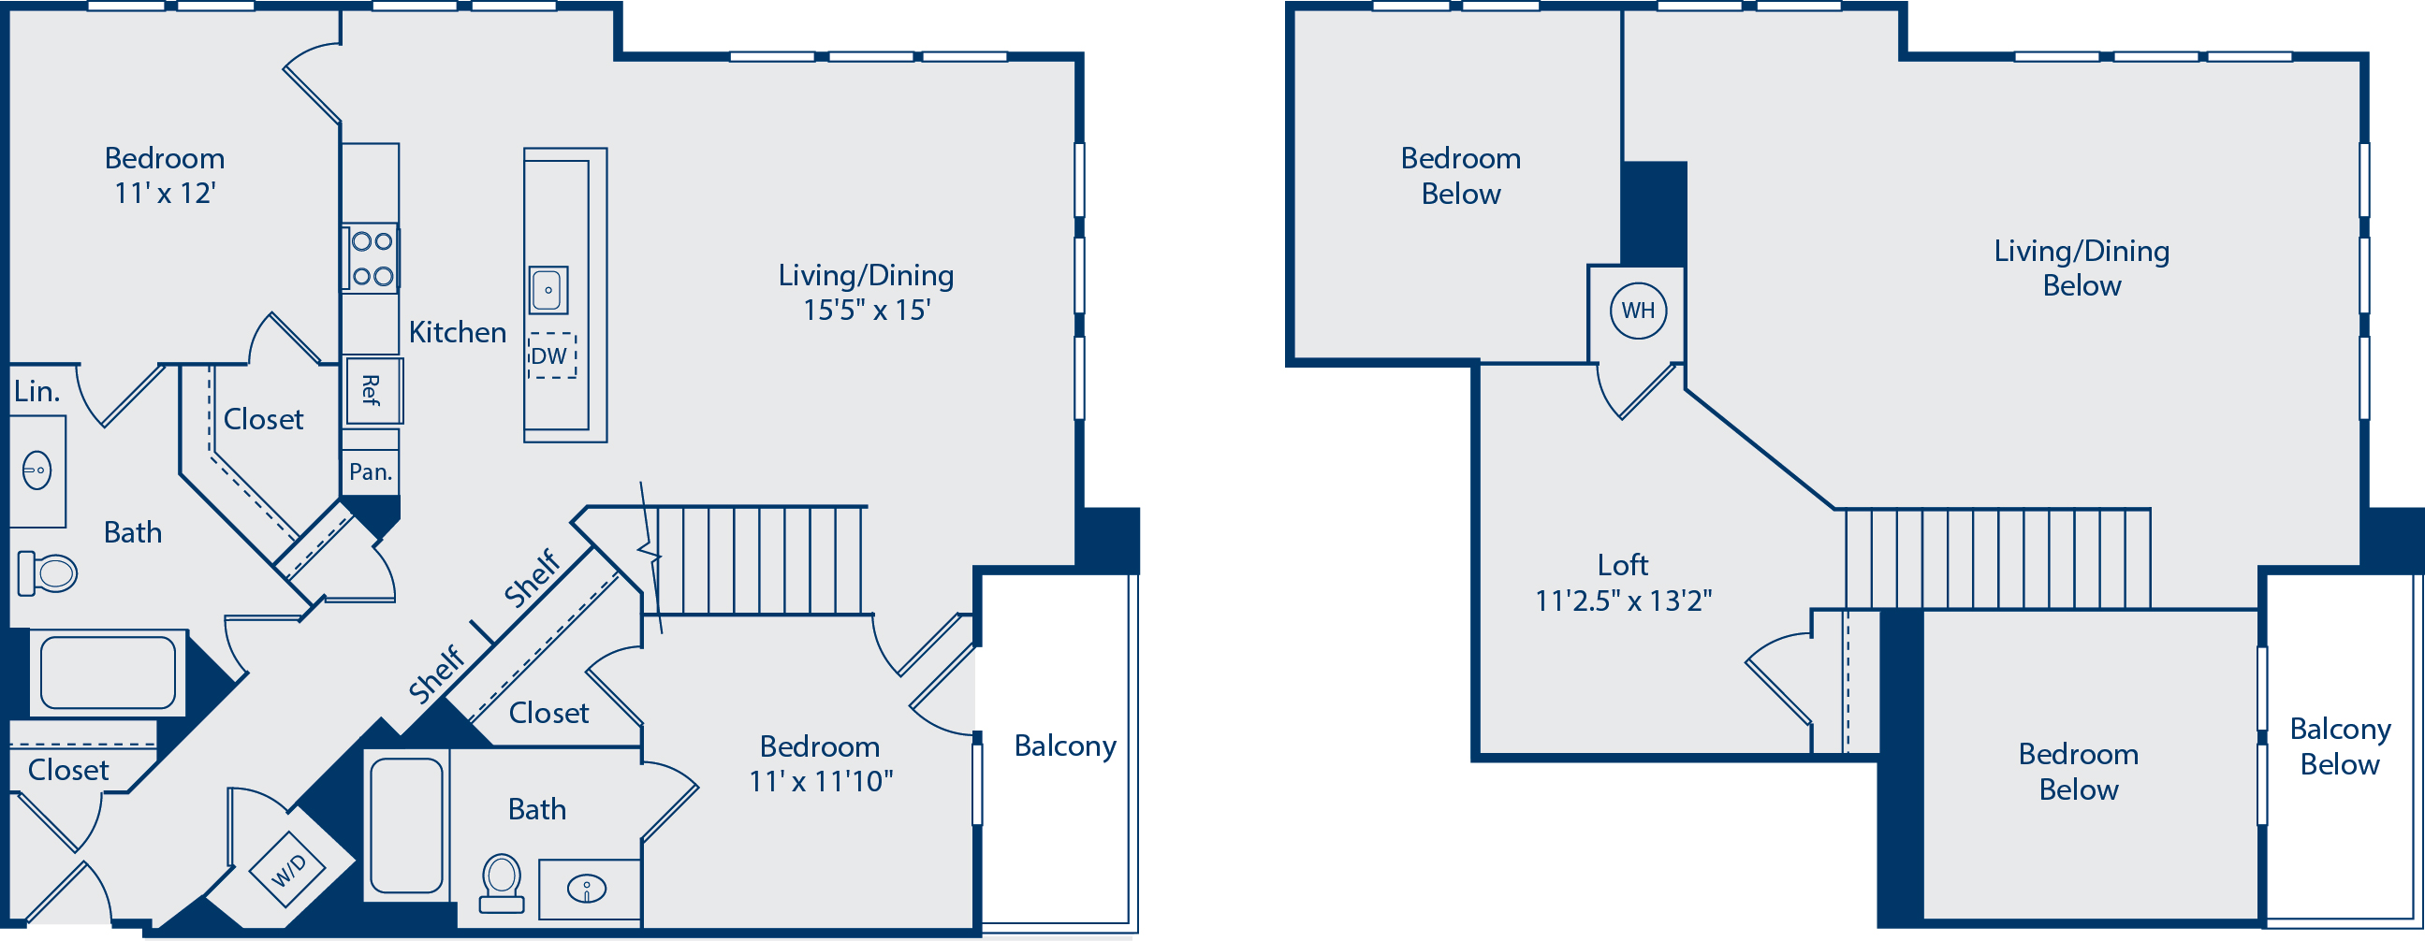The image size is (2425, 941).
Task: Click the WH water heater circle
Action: [x=1638, y=311]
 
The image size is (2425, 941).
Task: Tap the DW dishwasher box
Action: [x=551, y=355]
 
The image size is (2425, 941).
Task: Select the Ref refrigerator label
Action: [x=372, y=390]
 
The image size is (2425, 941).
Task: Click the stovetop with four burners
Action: [x=371, y=259]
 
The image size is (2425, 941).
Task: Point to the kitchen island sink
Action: [x=548, y=290]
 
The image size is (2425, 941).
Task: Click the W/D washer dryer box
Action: [x=289, y=870]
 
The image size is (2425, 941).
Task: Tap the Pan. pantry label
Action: [x=370, y=471]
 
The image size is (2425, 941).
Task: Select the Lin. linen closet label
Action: [x=37, y=390]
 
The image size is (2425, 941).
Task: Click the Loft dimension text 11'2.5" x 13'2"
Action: [x=1623, y=601]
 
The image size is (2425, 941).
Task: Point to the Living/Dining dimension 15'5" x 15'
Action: [x=866, y=310]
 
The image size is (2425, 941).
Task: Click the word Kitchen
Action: [x=458, y=332]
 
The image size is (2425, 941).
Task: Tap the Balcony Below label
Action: [x=2339, y=746]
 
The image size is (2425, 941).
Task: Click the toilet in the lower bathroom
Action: [x=502, y=884]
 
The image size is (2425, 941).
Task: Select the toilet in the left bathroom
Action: [x=47, y=573]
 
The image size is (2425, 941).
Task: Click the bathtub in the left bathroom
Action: [x=109, y=673]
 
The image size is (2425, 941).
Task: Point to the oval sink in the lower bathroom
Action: [x=587, y=889]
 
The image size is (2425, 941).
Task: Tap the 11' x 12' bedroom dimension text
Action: [x=165, y=193]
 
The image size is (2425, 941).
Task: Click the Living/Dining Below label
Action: [x=2082, y=268]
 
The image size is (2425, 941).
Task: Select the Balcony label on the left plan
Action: [x=1065, y=746]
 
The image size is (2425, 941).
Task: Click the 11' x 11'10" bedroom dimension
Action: [x=820, y=781]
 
